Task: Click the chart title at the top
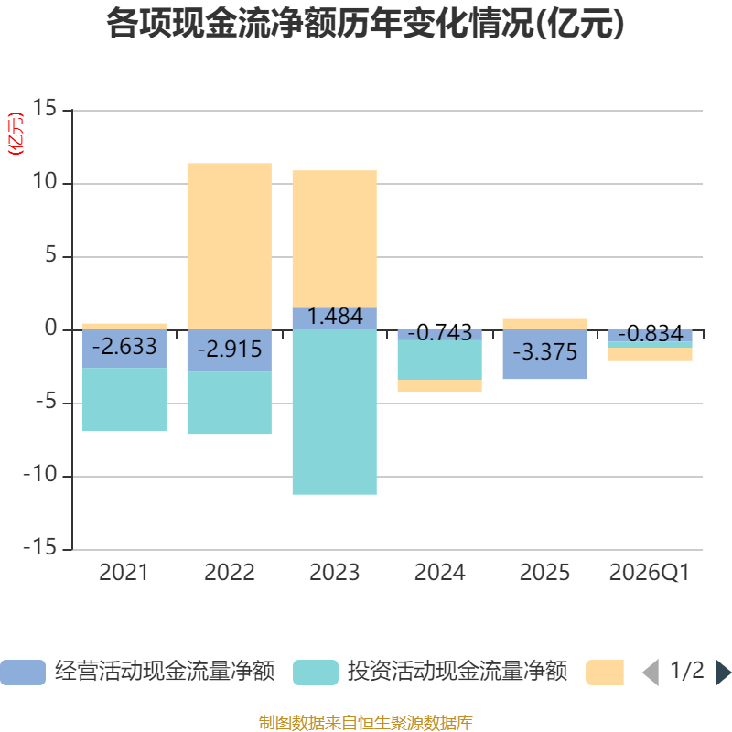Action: [366, 25]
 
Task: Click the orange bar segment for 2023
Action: [335, 238]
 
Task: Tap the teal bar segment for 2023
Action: [335, 412]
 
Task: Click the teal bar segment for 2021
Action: [124, 399]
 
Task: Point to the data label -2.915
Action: [230, 349]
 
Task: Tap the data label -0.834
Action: [650, 334]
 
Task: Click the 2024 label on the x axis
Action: [439, 573]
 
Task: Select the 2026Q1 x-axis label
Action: [650, 573]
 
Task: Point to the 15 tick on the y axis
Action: [44, 110]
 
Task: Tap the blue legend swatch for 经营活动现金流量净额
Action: [23, 673]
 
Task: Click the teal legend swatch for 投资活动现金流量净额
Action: [316, 673]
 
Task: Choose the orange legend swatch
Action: [605, 673]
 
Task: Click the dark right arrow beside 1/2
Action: [723, 673]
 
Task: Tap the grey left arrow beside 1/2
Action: [651, 673]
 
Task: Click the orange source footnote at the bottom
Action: [366, 723]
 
